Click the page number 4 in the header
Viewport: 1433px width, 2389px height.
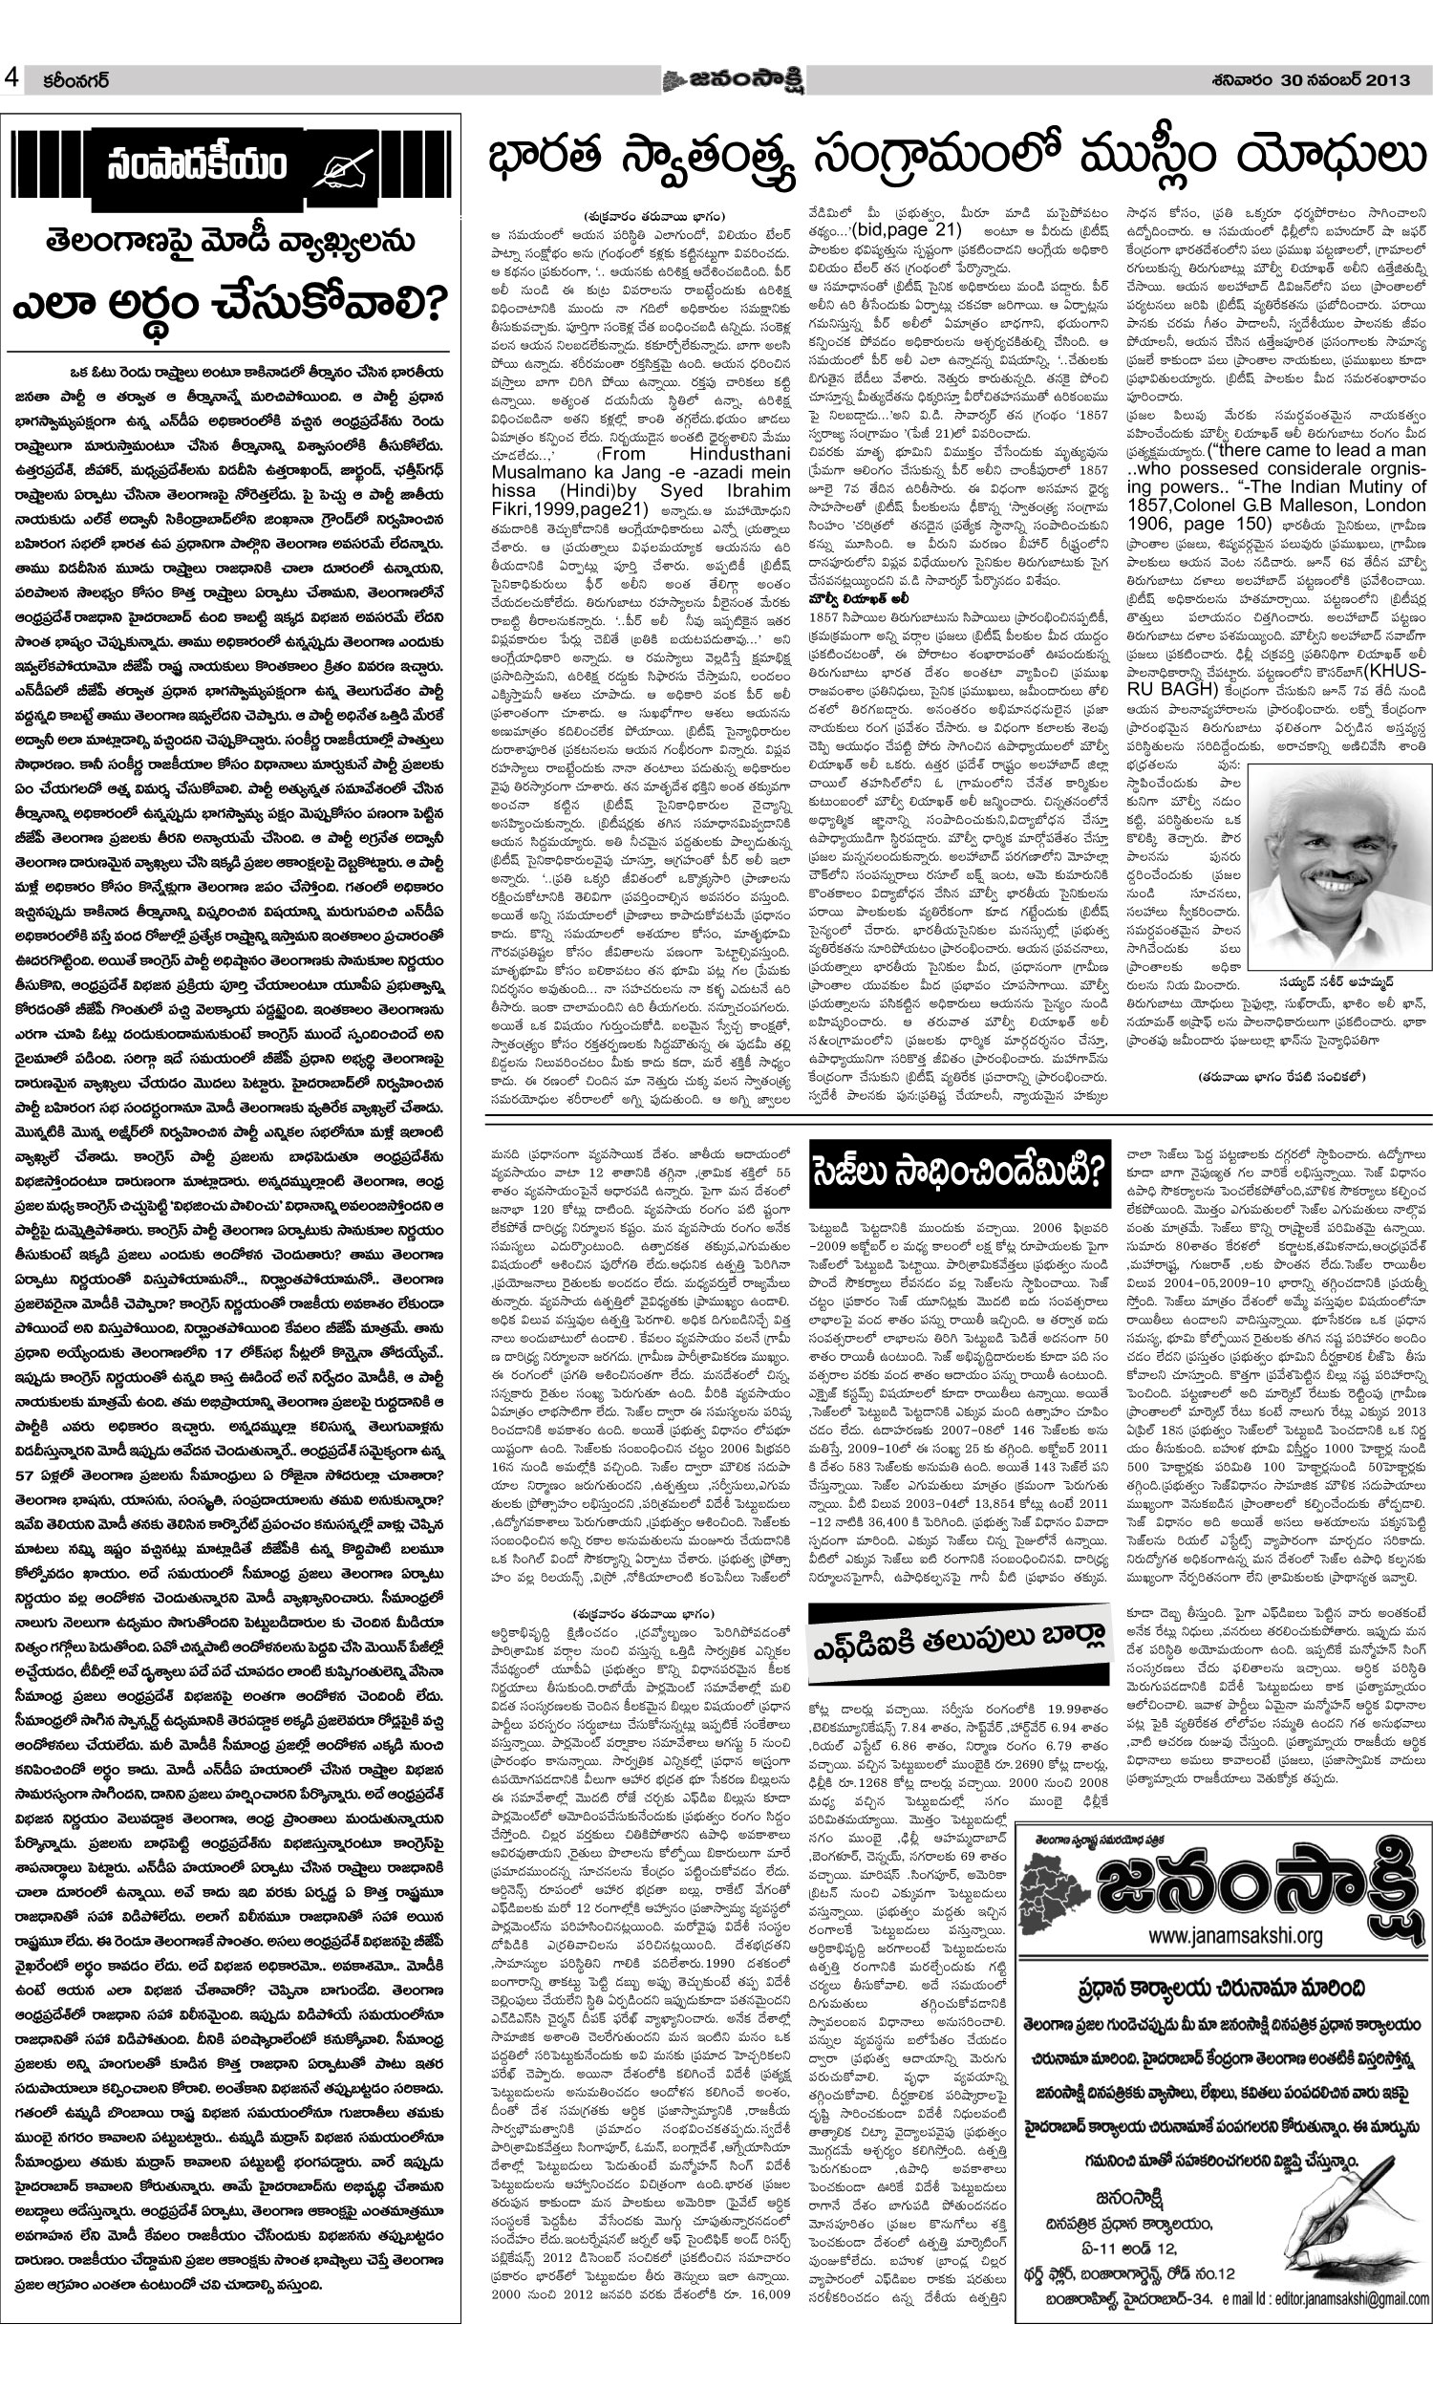pos(11,78)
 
